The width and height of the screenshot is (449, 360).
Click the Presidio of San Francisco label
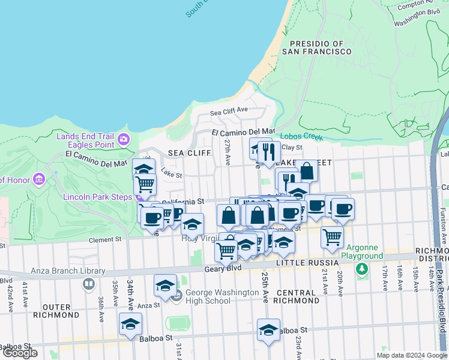click(x=320, y=47)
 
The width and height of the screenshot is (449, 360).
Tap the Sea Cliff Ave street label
click(x=229, y=111)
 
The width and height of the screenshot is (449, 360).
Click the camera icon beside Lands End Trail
click(x=124, y=140)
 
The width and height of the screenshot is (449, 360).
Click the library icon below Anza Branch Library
click(x=89, y=283)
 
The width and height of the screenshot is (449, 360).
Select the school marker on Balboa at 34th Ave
click(x=130, y=325)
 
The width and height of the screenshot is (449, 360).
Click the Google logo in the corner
click(x=20, y=353)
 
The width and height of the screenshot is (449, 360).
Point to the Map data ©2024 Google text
click(x=412, y=355)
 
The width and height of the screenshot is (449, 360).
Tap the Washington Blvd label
click(x=418, y=17)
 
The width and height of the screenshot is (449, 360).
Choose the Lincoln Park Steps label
click(x=100, y=197)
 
